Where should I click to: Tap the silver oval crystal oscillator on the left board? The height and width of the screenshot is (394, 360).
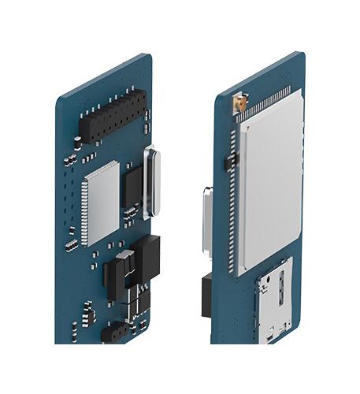pyautogui.click(x=153, y=182)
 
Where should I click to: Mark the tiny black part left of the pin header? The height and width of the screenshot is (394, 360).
pyautogui.click(x=77, y=142)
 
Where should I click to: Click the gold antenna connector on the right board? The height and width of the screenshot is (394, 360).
pyautogui.click(x=240, y=102)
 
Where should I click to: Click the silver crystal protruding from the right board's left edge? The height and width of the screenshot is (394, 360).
pyautogui.click(x=208, y=221)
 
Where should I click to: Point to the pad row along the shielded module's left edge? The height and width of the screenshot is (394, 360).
pyautogui.click(x=232, y=205)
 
